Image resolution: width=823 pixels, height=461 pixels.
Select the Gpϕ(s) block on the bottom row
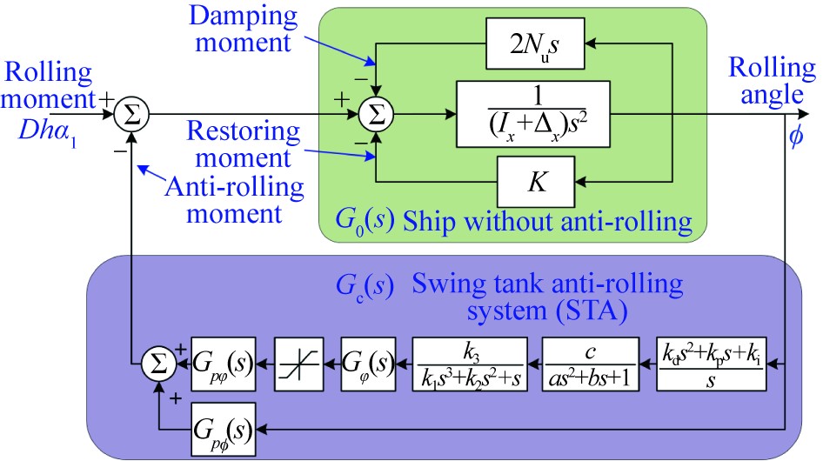(223, 429)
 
